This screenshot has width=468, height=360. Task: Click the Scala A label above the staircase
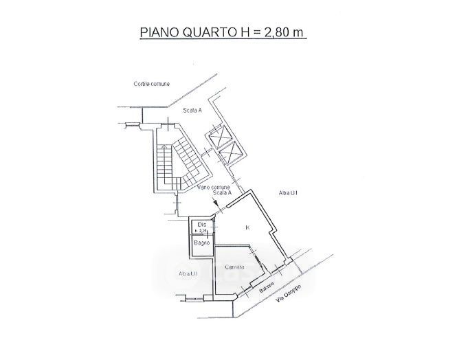(192, 111)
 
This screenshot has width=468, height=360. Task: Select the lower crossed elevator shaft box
(232, 152)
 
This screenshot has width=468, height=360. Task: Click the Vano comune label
(213, 187)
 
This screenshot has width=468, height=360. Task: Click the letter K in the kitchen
(246, 227)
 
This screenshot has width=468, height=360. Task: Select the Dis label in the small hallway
(201, 225)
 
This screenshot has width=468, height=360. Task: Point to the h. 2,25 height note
(201, 231)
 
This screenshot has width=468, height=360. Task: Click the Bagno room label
(201, 243)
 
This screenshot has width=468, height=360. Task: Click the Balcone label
(269, 286)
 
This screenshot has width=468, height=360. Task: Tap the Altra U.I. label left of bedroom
(188, 274)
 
